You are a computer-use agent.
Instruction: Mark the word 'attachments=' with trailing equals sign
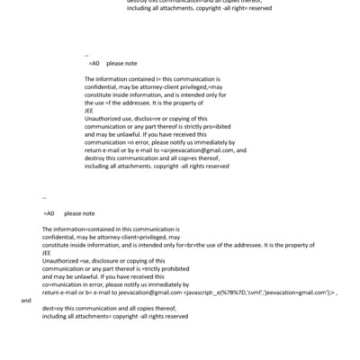click(103, 317)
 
